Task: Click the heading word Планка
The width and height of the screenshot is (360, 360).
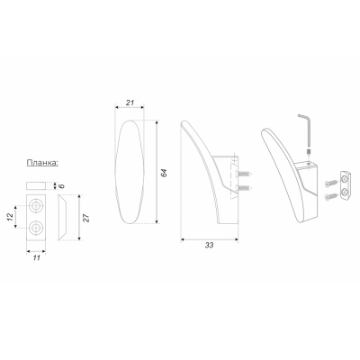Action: pos(42,163)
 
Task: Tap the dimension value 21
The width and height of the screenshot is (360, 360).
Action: pos(130,103)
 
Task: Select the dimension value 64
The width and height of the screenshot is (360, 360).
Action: pos(164,173)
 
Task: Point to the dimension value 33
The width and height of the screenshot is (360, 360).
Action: pos(209,245)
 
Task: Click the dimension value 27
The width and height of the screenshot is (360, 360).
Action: pos(86,218)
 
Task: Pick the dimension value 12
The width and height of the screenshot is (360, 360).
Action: pos(10,217)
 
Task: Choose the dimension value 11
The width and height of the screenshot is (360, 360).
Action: pos(36,258)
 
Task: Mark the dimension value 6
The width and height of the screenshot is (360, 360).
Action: pos(61,186)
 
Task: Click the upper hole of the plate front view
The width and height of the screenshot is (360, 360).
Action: pos(36,206)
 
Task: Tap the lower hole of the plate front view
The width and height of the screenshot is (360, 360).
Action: pos(36,228)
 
